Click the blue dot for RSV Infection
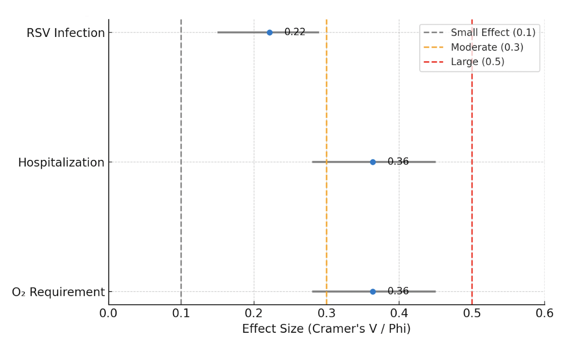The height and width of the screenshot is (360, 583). pyautogui.click(x=270, y=33)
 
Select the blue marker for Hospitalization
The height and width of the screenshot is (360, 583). pyautogui.click(x=373, y=162)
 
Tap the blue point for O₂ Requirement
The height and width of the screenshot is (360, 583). pyautogui.click(x=373, y=292)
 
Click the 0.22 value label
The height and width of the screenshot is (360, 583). pyautogui.click(x=295, y=32)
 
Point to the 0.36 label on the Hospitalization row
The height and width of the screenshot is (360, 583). pyautogui.click(x=398, y=161)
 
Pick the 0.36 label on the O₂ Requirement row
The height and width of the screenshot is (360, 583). pyautogui.click(x=398, y=291)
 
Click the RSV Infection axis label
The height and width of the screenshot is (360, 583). pyautogui.click(x=66, y=33)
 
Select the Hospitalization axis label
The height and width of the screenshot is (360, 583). pyautogui.click(x=61, y=163)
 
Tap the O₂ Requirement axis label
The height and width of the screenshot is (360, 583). pyautogui.click(x=58, y=292)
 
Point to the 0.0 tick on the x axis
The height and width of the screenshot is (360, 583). pyautogui.click(x=108, y=313)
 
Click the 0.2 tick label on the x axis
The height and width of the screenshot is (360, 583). pyautogui.click(x=254, y=313)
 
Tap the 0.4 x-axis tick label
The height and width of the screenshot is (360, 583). pyautogui.click(x=399, y=313)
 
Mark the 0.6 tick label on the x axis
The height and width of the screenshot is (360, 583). pyautogui.click(x=545, y=313)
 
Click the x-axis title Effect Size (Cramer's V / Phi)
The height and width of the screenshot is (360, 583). pyautogui.click(x=327, y=329)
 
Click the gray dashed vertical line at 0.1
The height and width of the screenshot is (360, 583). pyautogui.click(x=181, y=162)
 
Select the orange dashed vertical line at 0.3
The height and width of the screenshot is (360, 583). pyautogui.click(x=327, y=162)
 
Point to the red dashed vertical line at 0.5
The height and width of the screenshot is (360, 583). pyautogui.click(x=472, y=162)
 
